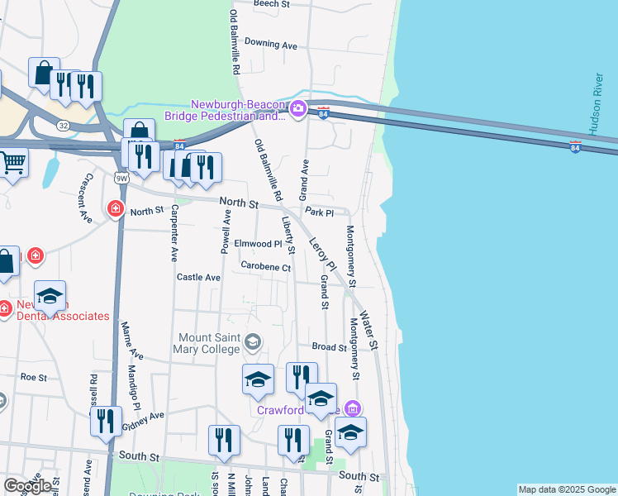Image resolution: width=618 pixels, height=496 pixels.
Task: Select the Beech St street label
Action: coord(273,4)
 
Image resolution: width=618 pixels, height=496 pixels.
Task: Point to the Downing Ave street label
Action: coord(270,44)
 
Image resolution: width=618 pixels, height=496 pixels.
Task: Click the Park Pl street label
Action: coord(318,212)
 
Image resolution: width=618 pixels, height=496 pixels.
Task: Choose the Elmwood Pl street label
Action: coord(259,244)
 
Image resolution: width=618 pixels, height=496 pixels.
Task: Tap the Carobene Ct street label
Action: coord(266,267)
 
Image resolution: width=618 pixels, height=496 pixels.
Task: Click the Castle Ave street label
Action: coord(198,278)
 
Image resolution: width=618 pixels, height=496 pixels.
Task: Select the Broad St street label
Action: coord(329,348)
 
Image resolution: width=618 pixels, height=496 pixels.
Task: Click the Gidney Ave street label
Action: coord(144,420)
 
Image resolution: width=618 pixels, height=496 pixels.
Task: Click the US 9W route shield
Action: coord(122,177)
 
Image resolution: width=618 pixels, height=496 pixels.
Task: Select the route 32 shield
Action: coord(63,125)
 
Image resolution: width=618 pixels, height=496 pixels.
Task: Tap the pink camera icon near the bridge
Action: coord(298,108)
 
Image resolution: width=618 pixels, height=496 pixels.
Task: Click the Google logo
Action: coord(26,486)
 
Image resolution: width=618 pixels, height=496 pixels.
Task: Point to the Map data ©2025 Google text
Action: coord(567,489)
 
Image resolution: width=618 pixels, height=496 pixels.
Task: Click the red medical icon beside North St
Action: coord(115,209)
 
